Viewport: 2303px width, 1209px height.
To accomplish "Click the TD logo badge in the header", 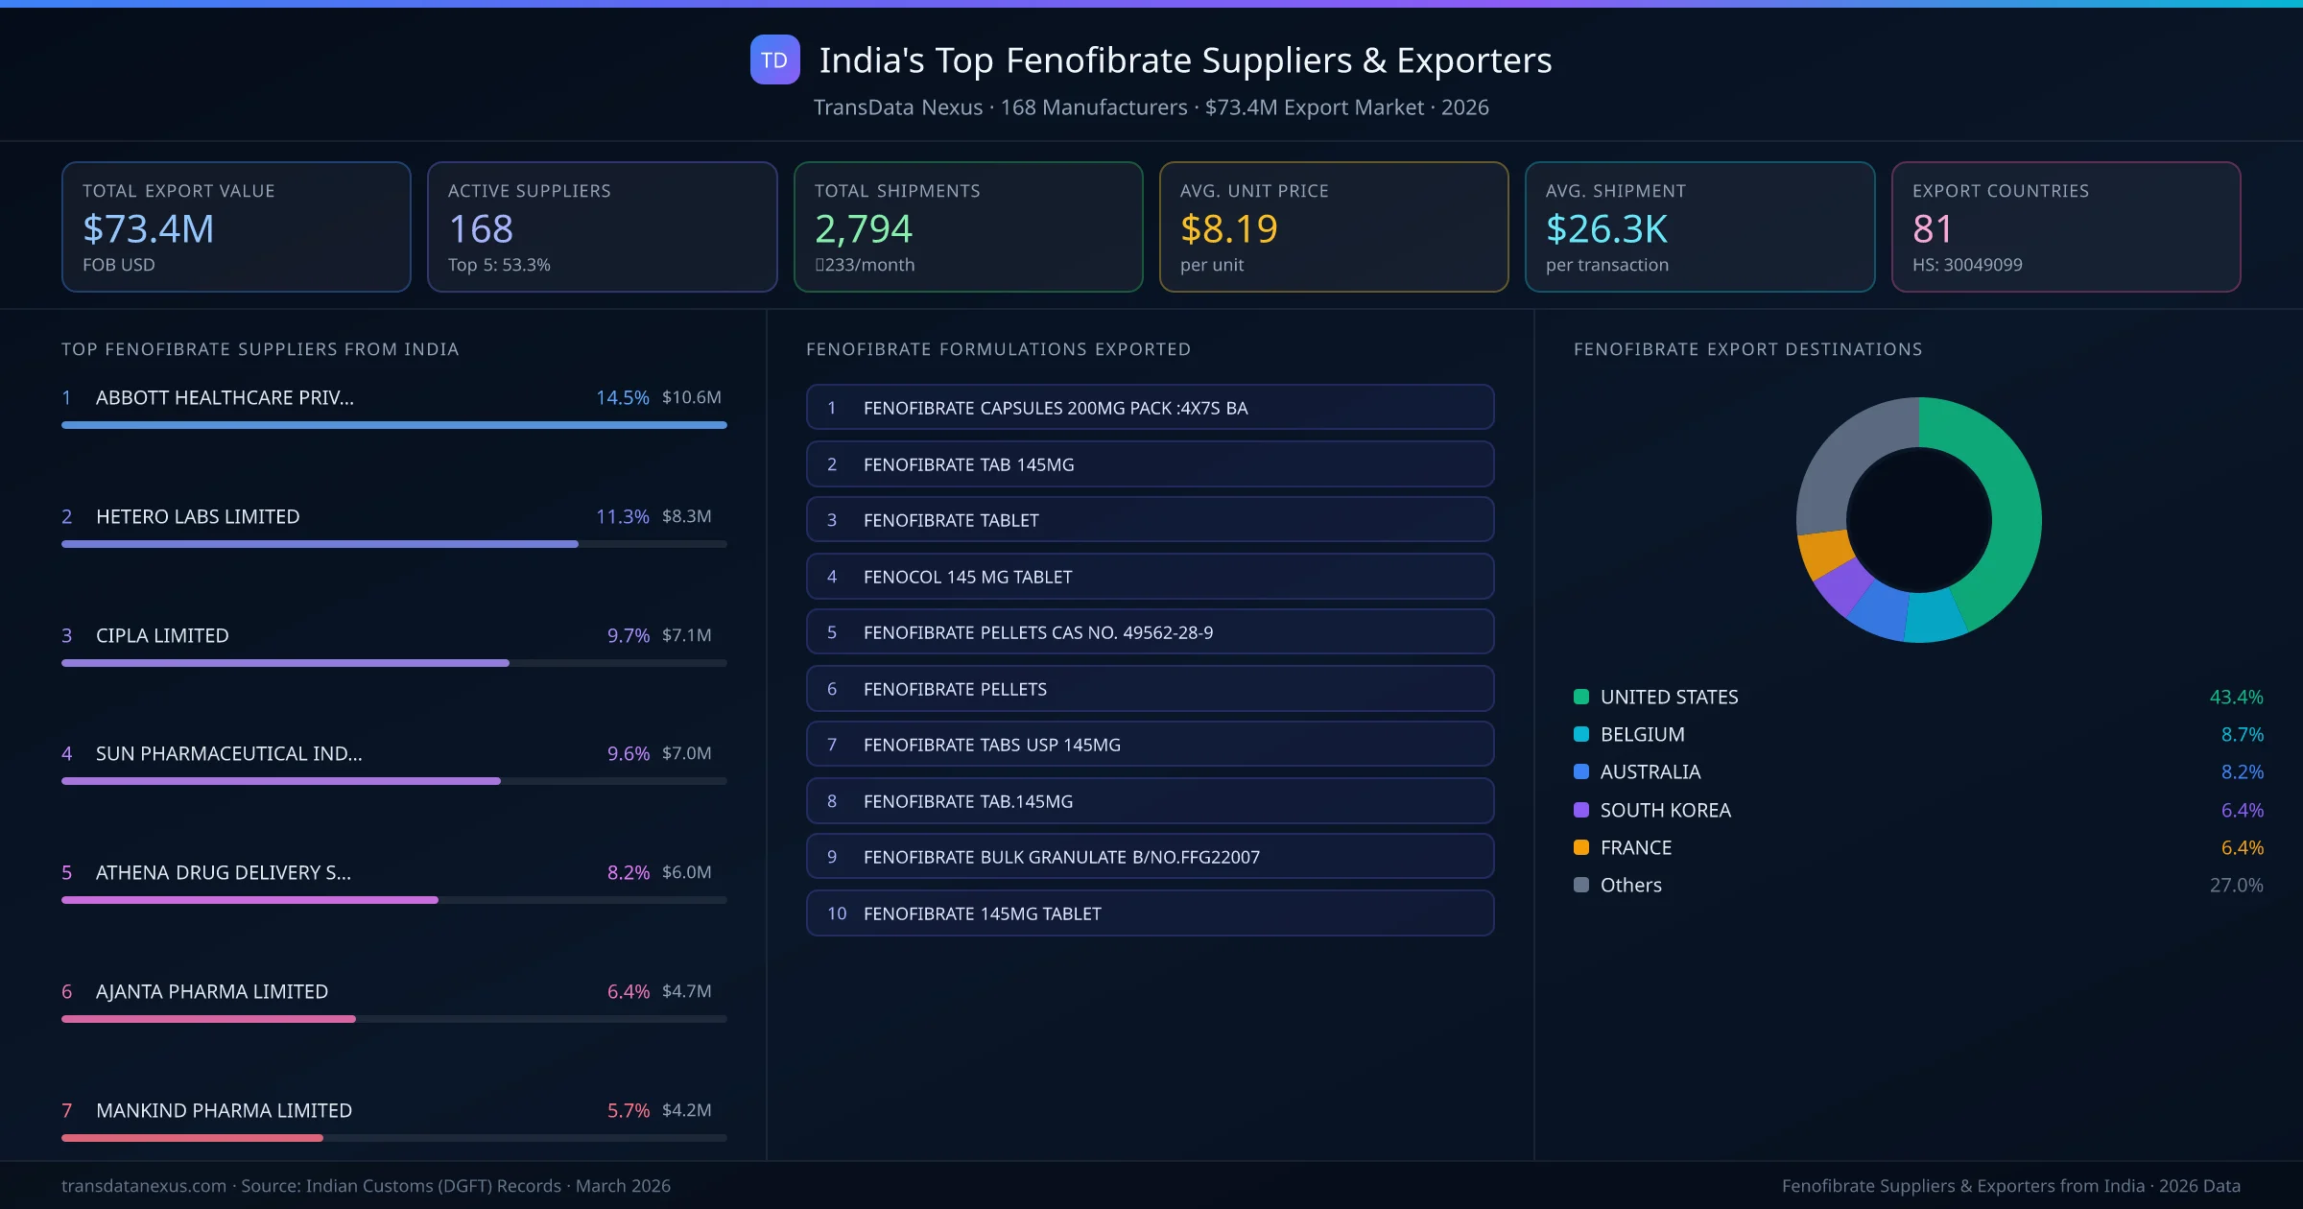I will click(x=774, y=59).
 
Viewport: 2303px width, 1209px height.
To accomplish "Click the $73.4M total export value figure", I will click(x=149, y=228).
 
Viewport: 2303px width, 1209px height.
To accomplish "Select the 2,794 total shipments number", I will click(x=863, y=228).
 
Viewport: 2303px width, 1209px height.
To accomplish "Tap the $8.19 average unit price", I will click(x=1228, y=228).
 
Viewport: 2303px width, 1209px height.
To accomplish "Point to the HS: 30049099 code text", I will click(x=1966, y=265).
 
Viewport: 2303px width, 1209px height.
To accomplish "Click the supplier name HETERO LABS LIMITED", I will click(x=198, y=516).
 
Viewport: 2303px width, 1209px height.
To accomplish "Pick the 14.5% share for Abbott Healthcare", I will click(x=622, y=397).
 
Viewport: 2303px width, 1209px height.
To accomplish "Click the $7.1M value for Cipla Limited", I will click(x=686, y=635).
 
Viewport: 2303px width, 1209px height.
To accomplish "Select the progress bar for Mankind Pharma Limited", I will click(x=393, y=1138).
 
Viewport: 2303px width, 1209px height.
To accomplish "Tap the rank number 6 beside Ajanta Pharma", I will click(x=67, y=991).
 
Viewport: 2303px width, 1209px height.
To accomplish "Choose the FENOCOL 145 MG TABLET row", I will click(x=1150, y=577).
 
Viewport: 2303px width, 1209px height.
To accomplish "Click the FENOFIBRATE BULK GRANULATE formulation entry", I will click(x=1150, y=857).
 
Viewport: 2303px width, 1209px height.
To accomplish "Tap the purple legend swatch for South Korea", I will click(x=1581, y=810).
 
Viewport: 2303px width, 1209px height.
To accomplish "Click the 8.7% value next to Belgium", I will click(x=2242, y=734).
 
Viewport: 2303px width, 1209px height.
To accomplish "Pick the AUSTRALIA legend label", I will click(x=1650, y=771).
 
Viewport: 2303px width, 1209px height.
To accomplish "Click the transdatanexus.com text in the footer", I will click(x=144, y=1186).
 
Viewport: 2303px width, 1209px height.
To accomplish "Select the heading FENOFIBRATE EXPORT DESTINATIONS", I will click(x=1747, y=349).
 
